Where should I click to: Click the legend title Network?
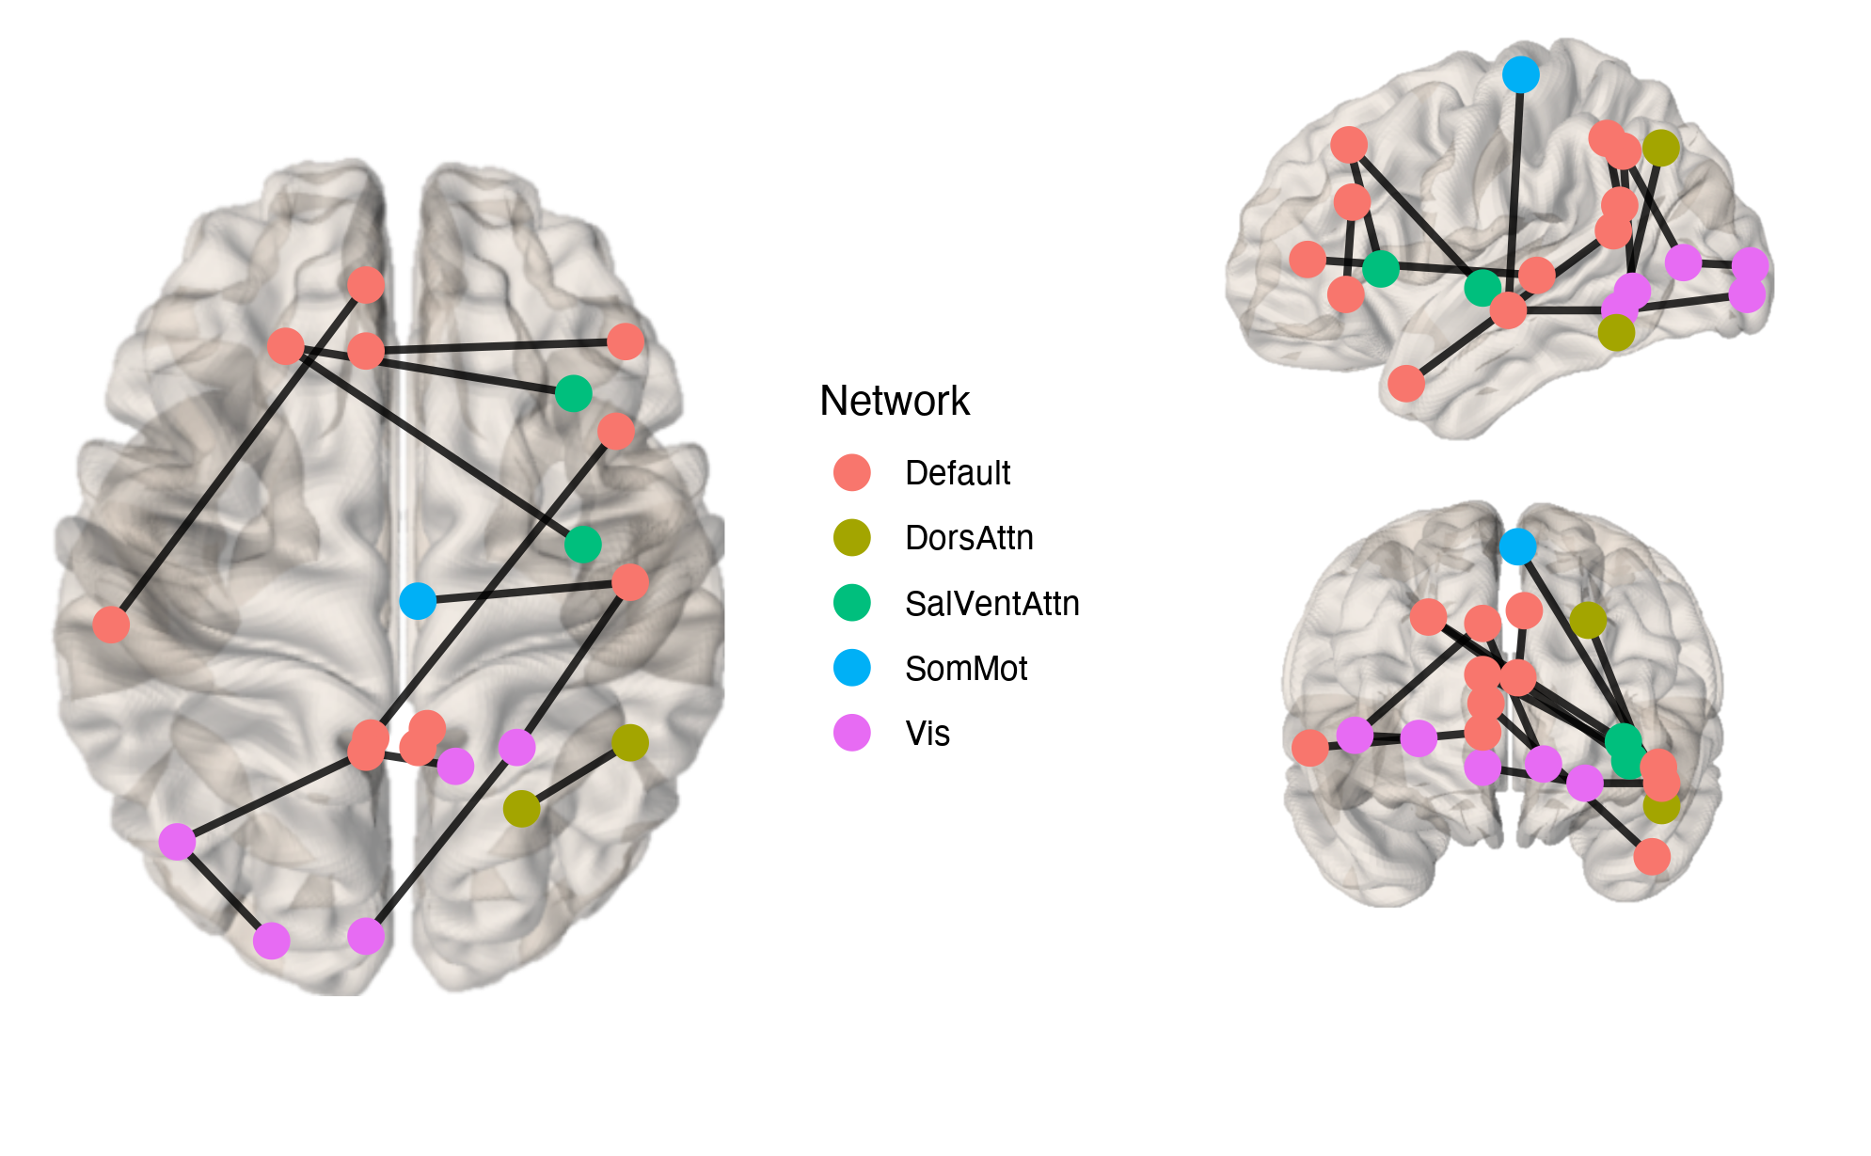(x=894, y=401)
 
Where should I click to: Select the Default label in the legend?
(x=957, y=473)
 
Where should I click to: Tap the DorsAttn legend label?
(x=968, y=538)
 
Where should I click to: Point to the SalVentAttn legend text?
(x=991, y=604)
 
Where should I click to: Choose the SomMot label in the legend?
(x=965, y=669)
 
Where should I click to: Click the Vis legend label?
(x=927, y=734)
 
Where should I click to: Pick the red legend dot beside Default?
(x=851, y=472)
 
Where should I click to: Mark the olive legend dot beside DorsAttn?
(x=851, y=537)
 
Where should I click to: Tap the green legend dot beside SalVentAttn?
(x=851, y=603)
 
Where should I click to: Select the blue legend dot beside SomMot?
(x=851, y=668)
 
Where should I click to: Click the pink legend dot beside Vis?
(x=851, y=733)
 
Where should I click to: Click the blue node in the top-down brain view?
(x=418, y=601)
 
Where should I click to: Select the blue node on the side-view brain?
(x=1520, y=74)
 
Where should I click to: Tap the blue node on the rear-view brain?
(x=1517, y=546)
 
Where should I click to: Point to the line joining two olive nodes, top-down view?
(x=576, y=776)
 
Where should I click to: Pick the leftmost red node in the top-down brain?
(x=111, y=625)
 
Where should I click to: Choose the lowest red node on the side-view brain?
(x=1405, y=384)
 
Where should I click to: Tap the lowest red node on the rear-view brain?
(x=1652, y=857)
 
